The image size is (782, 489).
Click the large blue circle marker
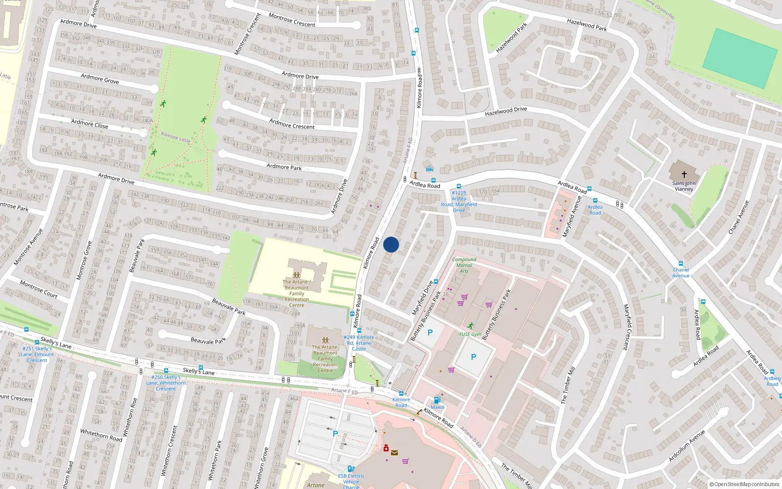click(391, 244)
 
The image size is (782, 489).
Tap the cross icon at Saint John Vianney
click(684, 174)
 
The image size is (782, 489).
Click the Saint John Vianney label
click(684, 186)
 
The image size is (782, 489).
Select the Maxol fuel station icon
click(437, 400)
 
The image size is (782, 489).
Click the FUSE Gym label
click(470, 334)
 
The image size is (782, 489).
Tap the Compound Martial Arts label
click(464, 265)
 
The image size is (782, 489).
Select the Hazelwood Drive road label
click(506, 111)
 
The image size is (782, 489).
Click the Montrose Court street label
click(39, 289)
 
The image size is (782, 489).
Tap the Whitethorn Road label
click(101, 435)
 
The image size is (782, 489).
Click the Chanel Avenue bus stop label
click(680, 272)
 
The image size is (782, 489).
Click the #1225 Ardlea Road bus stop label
click(459, 201)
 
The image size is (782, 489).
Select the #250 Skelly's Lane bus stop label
click(166, 383)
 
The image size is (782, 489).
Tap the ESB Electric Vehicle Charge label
click(351, 481)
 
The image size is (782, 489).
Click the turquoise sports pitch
click(739, 58)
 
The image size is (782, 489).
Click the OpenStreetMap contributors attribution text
click(744, 485)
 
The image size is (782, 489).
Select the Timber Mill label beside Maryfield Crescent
click(568, 385)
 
